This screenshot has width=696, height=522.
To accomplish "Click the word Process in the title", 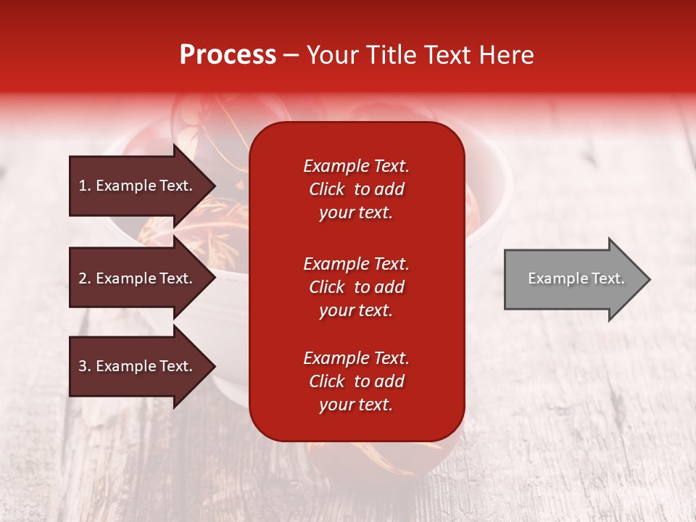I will [x=228, y=55].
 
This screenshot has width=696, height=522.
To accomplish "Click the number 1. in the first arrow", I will [x=84, y=186].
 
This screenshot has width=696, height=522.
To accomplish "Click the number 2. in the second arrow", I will [x=84, y=278].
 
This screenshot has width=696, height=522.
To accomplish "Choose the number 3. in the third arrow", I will [x=84, y=366].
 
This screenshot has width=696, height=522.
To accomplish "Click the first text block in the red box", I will [x=356, y=189].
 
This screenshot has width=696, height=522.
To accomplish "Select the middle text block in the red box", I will [x=356, y=287].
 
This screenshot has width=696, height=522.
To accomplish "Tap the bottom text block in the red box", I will [x=356, y=381].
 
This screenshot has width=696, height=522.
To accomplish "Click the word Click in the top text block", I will [x=326, y=189].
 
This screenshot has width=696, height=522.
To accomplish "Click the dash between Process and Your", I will [x=291, y=55].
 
